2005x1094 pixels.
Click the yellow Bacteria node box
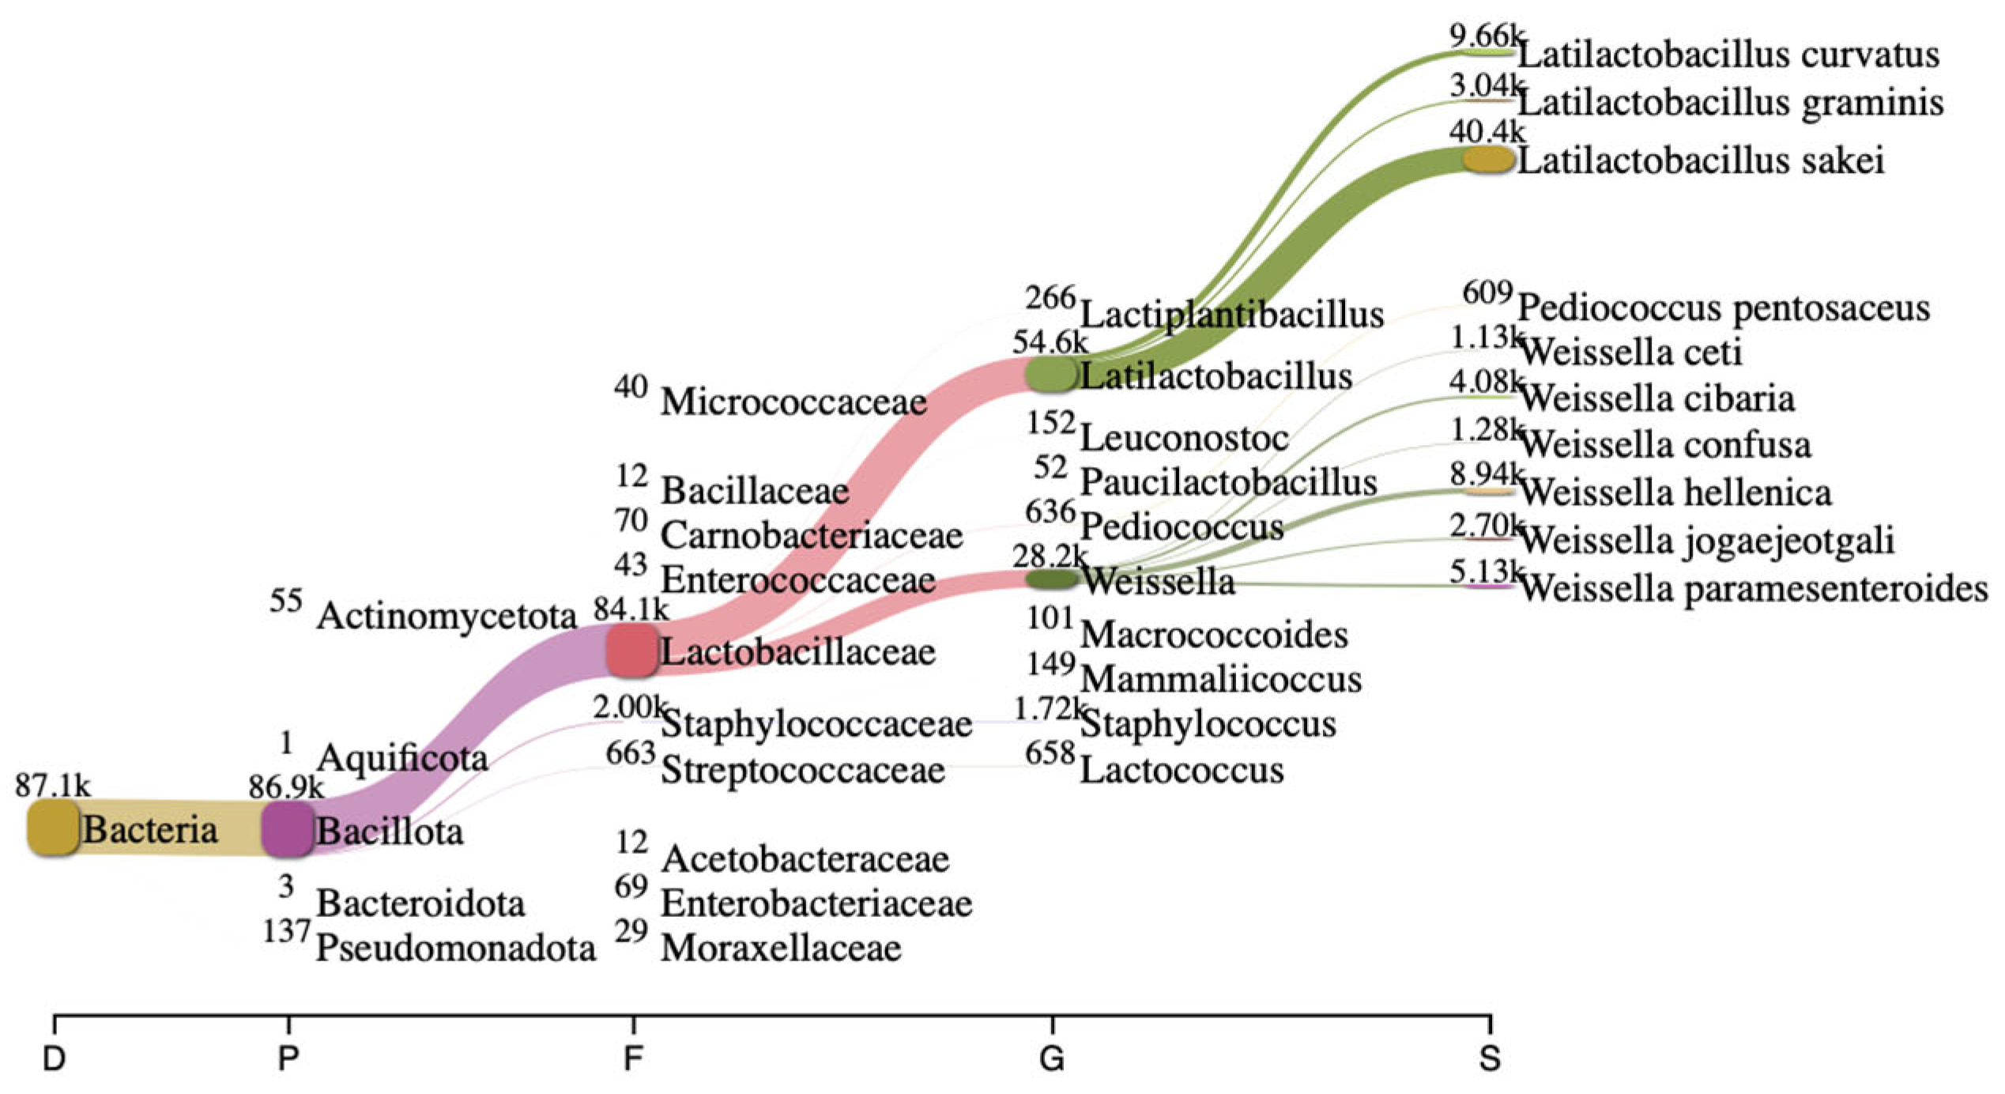coord(53,828)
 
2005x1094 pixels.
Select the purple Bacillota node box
coord(287,828)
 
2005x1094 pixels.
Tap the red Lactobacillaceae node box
coord(632,650)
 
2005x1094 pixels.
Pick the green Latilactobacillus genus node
coord(1051,374)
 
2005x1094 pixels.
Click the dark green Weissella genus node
coord(1051,579)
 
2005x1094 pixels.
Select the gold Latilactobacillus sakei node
coord(1488,159)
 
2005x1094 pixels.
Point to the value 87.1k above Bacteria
coord(52,786)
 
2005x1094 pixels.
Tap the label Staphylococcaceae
coord(816,724)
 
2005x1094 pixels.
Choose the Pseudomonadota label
coord(455,948)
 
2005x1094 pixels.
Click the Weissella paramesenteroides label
coord(1753,589)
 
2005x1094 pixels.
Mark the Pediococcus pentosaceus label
coord(1724,307)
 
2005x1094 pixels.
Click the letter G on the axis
coord(1051,1058)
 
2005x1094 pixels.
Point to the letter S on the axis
coord(1489,1058)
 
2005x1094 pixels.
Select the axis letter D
coord(53,1058)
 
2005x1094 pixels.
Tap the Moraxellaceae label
coord(781,948)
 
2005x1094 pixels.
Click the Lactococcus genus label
coord(1182,770)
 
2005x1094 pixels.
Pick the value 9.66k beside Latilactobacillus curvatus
coord(1485,36)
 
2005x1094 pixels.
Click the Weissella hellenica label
coord(1675,493)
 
